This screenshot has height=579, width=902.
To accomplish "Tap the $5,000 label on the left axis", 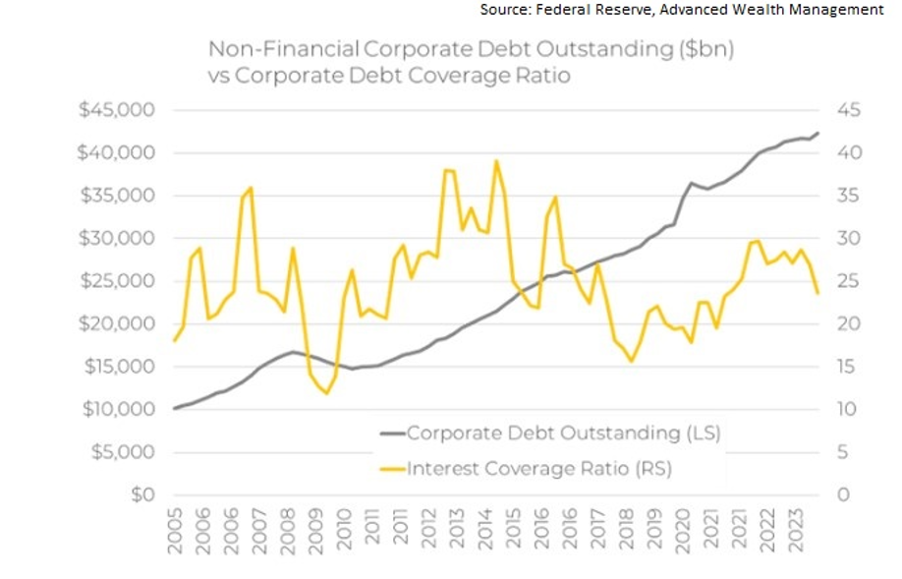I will point(123,452).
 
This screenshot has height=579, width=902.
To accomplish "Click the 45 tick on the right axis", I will point(849,110).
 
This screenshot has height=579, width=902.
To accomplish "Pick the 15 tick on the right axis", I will point(849,367).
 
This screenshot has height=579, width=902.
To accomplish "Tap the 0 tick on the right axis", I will point(844,494).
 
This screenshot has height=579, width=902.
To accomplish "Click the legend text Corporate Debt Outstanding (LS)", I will point(564,433).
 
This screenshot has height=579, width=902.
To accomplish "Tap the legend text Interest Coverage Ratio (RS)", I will point(539,469).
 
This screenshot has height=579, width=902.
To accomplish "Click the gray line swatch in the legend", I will point(390,433).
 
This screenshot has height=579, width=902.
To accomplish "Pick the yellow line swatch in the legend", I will point(390,469).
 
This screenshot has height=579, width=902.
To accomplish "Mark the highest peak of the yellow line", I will point(496,160).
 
